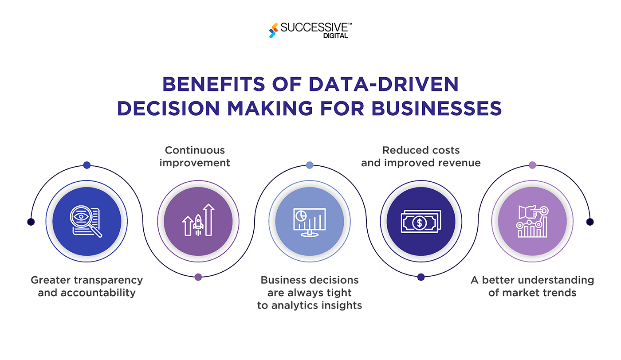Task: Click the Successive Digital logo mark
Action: (x=273, y=30)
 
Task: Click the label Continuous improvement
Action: (x=195, y=157)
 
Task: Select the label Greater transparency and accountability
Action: (x=86, y=286)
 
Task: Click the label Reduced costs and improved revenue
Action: (x=421, y=157)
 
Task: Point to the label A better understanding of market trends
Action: (x=532, y=286)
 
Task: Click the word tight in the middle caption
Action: (x=340, y=293)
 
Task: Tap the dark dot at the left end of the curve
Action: (x=31, y=222)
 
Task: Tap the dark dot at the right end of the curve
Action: (x=590, y=222)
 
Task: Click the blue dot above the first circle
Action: (x=86, y=165)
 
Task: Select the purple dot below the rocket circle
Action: (x=198, y=277)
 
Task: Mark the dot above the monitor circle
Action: (x=310, y=165)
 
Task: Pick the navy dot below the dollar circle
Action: (x=421, y=277)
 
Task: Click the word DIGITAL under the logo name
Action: (x=336, y=36)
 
